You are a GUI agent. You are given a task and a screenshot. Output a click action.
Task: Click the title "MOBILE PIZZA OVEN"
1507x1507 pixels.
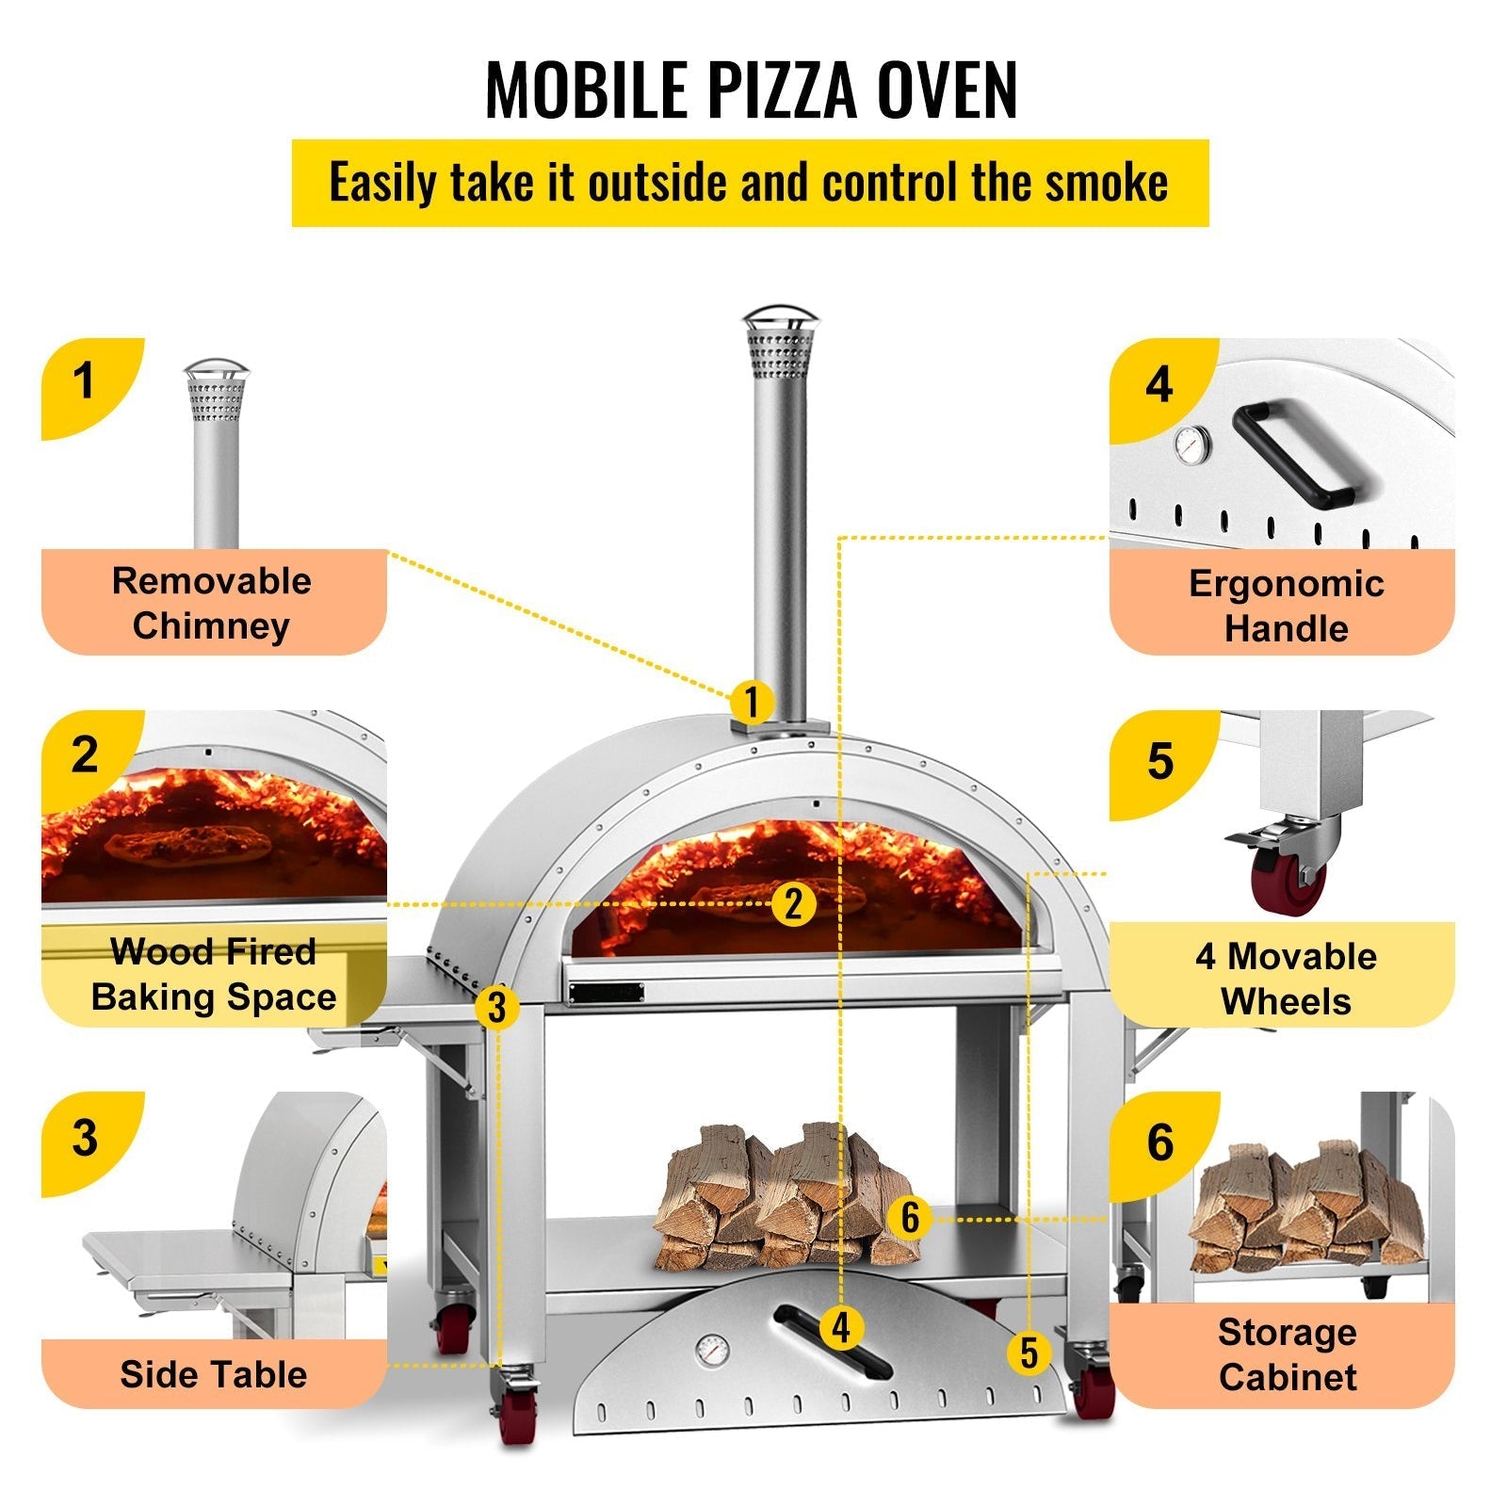751,90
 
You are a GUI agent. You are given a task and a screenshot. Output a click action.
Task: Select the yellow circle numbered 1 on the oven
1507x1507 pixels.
751,702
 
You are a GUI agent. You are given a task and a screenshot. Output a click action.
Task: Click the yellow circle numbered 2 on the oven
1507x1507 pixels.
793,903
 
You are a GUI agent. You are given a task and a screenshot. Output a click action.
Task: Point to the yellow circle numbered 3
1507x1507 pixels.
496,1007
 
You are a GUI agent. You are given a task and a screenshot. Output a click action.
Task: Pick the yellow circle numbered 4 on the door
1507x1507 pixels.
841,1328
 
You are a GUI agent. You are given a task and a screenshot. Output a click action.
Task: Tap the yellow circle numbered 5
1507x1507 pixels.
1029,1353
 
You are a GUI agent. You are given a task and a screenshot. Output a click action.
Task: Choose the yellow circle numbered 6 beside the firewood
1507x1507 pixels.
909,1217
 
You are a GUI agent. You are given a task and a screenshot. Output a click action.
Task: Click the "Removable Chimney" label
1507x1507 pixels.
212,603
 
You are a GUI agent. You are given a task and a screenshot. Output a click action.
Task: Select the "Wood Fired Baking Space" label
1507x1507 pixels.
214,974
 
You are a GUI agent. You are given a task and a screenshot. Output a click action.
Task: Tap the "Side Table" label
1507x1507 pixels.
214,1374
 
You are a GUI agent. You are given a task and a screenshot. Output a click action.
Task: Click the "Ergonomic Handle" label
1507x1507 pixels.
1286,605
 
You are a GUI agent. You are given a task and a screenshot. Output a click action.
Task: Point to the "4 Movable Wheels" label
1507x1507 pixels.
1286,978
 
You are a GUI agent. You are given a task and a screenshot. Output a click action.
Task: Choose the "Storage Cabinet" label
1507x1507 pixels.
1287,1354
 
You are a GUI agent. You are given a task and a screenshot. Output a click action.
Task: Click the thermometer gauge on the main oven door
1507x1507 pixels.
712,1352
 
